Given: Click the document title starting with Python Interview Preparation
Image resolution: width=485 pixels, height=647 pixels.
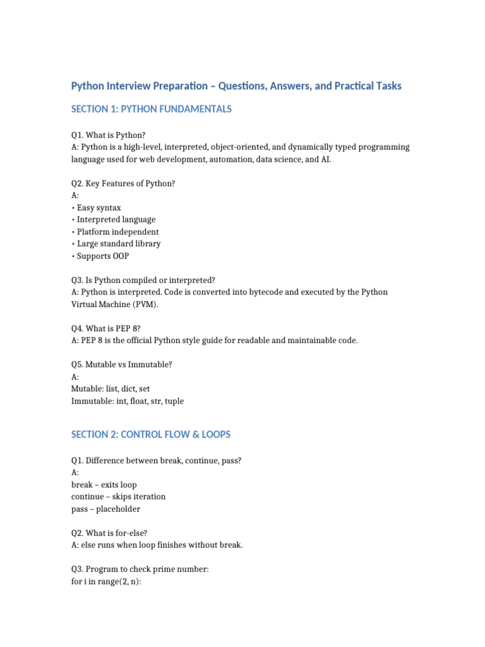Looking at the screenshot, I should (236, 86).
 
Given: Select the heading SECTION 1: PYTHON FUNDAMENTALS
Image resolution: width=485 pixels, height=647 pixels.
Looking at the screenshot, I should (152, 109).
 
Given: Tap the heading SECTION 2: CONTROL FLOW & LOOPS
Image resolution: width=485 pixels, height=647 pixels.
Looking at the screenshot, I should (151, 435).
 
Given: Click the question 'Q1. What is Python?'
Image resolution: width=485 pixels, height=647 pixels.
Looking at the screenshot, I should (108, 135).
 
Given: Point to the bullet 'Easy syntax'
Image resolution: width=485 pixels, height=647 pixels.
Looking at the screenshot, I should (99, 208).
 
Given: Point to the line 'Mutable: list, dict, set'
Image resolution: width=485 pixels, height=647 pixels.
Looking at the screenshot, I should (111, 389).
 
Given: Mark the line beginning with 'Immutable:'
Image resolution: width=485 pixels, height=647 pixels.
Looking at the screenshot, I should (128, 401).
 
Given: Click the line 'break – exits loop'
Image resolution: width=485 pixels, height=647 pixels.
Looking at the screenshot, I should (104, 485).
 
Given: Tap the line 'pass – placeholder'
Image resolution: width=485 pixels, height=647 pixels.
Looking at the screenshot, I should (105, 509).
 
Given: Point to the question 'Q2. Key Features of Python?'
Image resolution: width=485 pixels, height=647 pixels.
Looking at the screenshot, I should (123, 184).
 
